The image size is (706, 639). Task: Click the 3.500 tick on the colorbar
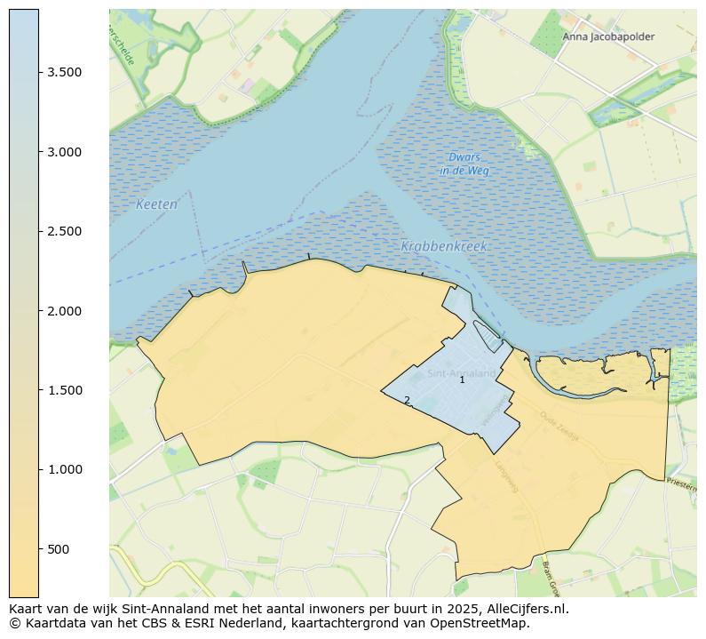[x=65, y=73]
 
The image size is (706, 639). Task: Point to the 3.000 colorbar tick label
[x=65, y=152]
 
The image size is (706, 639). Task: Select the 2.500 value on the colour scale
[x=65, y=232]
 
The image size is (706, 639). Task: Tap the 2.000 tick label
[x=65, y=311]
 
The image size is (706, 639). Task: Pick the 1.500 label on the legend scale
[x=65, y=390]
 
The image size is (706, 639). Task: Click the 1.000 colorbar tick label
[x=65, y=469]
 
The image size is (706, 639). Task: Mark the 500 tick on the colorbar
[x=59, y=549]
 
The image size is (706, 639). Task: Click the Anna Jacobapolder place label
[x=607, y=37]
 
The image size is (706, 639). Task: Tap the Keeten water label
[x=157, y=204]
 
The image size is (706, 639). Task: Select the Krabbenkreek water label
[x=444, y=246]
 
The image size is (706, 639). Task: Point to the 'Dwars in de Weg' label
[x=464, y=164]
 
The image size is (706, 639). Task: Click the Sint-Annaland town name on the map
[x=461, y=373]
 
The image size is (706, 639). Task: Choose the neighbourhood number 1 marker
[x=462, y=380]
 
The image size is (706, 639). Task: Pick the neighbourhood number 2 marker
[x=407, y=401]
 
